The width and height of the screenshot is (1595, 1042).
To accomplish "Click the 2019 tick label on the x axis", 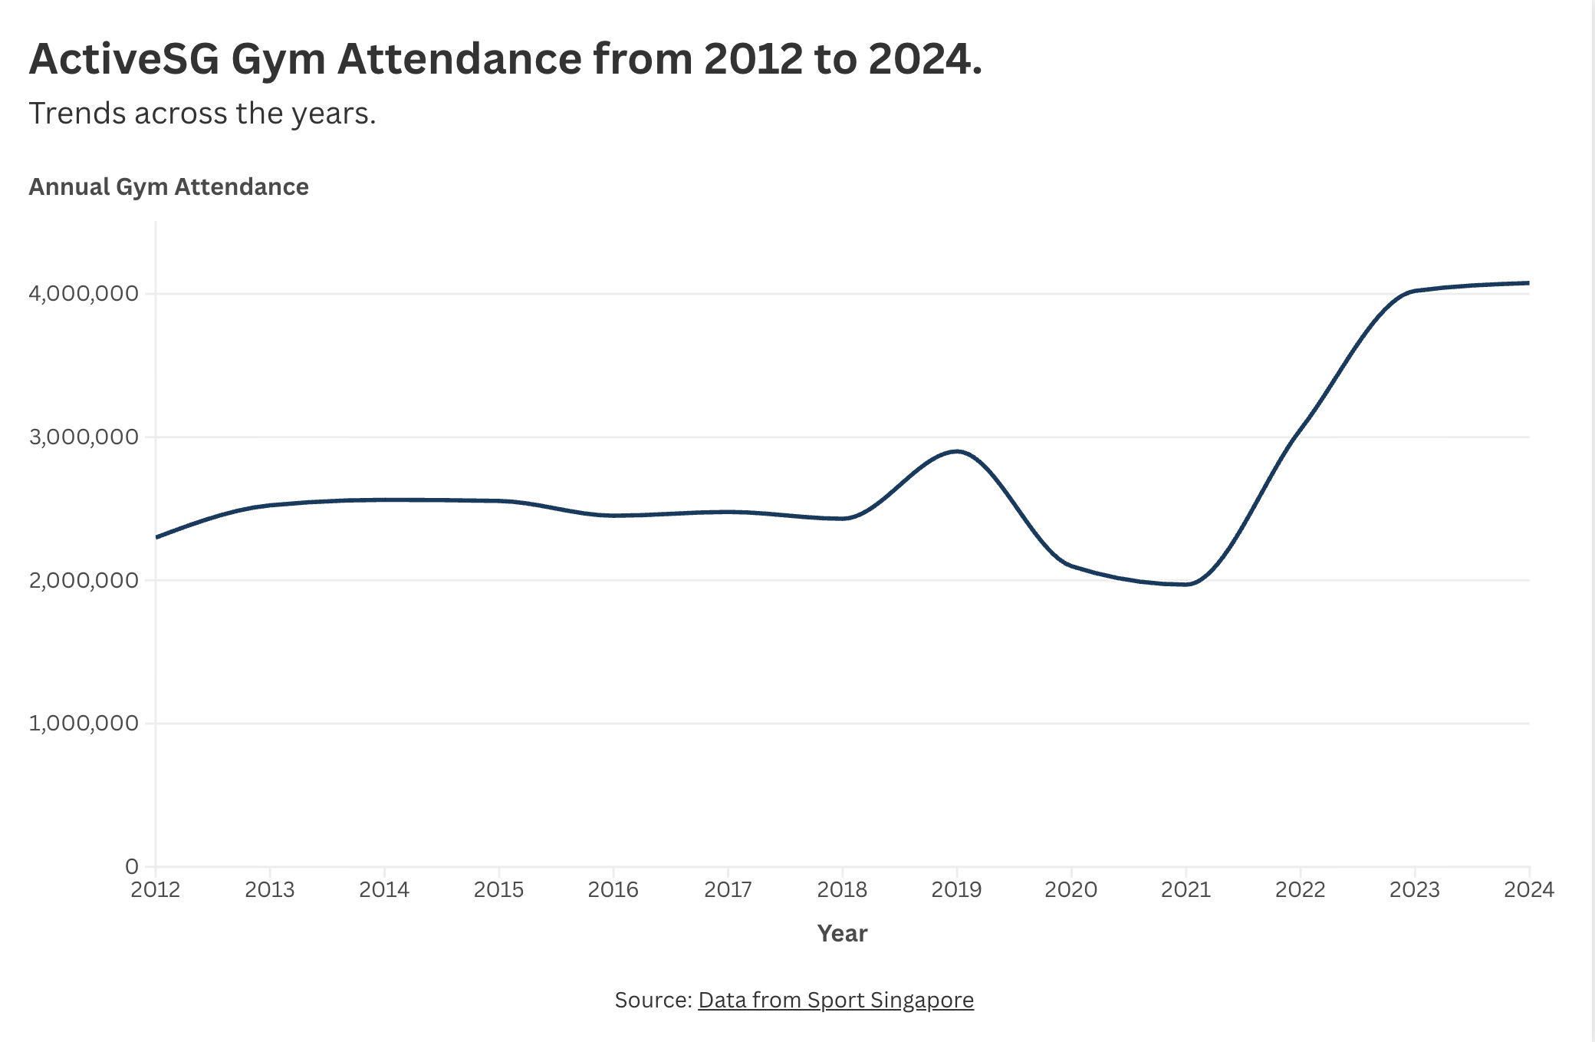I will point(956,889).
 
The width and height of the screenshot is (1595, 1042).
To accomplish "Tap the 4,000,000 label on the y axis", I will point(84,294).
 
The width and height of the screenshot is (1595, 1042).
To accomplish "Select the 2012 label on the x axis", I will point(156,889).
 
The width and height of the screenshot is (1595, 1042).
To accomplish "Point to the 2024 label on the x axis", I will point(1529,889).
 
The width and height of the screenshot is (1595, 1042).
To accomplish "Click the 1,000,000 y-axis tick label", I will point(84,723).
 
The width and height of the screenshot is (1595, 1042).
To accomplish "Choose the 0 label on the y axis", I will point(132,866).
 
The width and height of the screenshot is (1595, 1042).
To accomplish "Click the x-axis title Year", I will point(842,934).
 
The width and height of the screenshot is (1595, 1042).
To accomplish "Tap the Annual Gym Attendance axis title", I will point(169,186).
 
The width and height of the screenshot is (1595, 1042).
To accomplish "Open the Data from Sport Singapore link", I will point(835,1000).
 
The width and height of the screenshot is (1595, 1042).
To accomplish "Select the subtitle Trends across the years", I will point(202,114).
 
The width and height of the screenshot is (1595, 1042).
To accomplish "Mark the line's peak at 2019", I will point(956,451).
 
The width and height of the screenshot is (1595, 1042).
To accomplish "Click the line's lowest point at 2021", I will point(1186,585).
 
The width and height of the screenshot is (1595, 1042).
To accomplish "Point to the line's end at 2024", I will point(1528,283).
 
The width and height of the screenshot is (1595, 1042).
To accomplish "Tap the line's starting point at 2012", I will point(156,537).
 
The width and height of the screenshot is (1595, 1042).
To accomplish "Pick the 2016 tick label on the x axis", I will point(613,889).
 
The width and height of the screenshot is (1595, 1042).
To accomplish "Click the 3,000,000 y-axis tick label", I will point(84,437).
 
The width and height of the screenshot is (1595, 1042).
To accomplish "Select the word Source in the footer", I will point(653,1000).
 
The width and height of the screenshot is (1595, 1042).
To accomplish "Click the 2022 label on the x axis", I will point(1300,889).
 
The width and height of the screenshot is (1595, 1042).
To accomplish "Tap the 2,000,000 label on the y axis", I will point(84,580).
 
